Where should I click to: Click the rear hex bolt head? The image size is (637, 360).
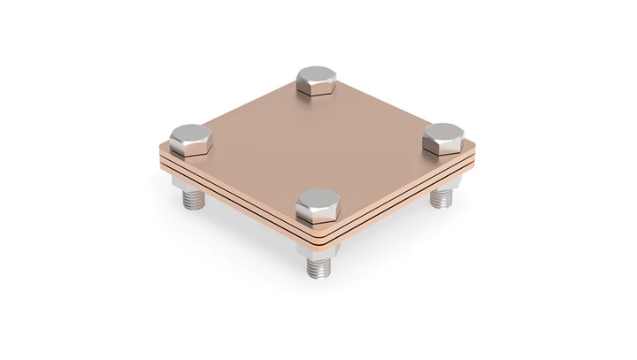315,80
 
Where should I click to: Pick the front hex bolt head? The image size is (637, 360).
316,207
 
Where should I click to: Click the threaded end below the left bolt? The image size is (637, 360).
192,199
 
